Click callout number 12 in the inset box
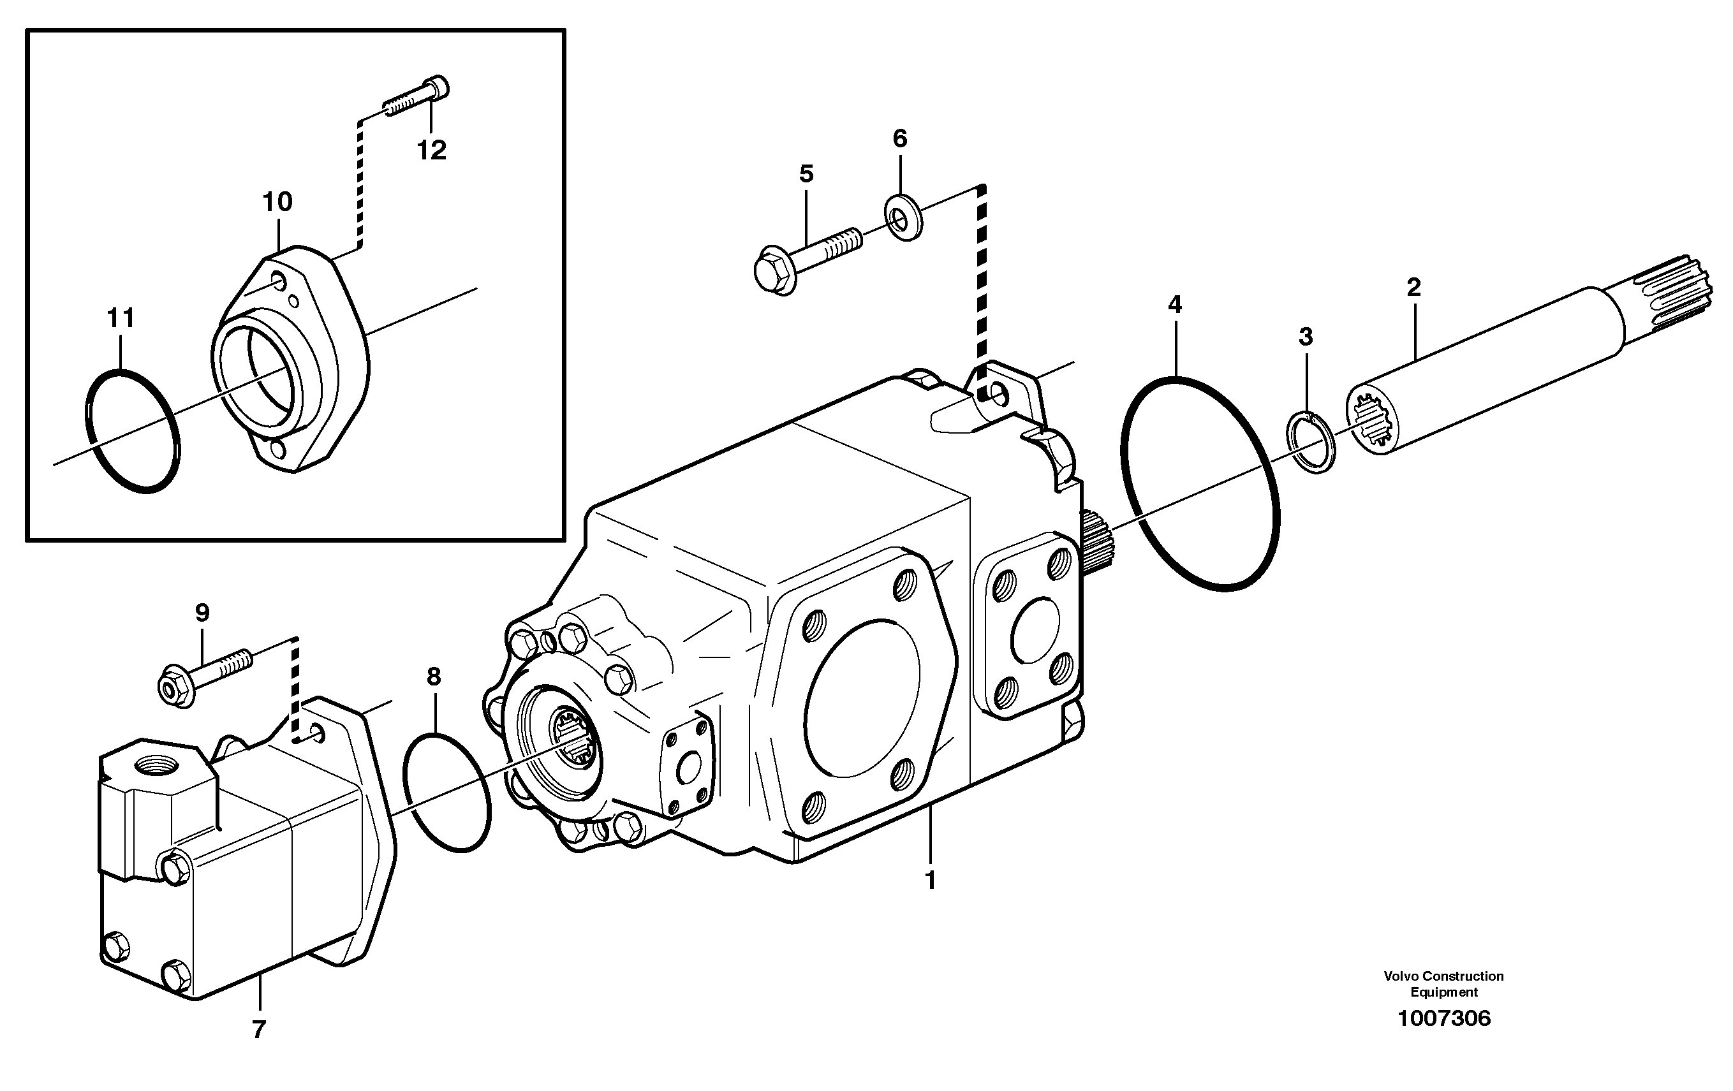(432, 150)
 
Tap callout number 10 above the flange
(277, 202)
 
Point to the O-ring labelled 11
(133, 432)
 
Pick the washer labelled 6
(903, 216)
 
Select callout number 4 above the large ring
(1174, 305)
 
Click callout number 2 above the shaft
(1413, 288)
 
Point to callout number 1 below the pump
(930, 880)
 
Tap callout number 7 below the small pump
(259, 1030)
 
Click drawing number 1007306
(1443, 1018)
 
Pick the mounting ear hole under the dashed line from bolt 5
(999, 393)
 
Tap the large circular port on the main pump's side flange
(862, 699)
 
